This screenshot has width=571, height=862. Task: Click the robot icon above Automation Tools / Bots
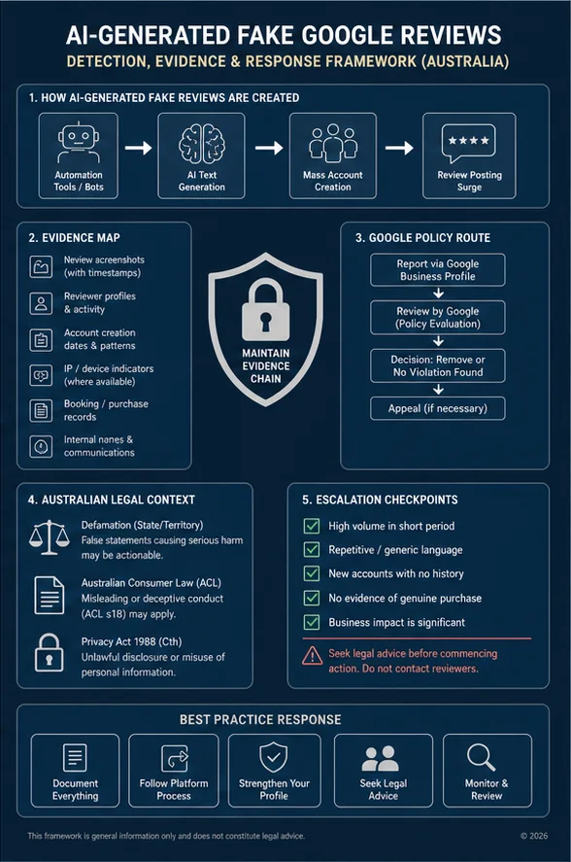coord(78,143)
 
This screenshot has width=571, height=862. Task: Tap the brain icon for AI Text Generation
coord(202,144)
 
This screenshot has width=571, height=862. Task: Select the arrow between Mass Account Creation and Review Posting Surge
coord(399,148)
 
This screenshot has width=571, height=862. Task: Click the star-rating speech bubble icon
coord(469,143)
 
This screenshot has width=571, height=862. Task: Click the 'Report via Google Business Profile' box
coord(437,270)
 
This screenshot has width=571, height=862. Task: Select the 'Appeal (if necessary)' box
coord(437,408)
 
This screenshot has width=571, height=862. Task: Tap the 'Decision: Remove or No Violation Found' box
coord(437,365)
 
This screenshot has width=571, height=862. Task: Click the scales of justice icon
coord(49,537)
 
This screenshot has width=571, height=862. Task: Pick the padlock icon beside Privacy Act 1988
coord(49,652)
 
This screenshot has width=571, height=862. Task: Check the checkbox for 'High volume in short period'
coord(312,526)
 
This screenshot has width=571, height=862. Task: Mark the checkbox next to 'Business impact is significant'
coord(312,622)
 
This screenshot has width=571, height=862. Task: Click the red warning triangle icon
coord(312,655)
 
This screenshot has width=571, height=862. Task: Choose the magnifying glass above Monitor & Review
coord(482,758)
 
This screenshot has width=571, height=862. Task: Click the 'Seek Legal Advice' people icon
coord(381,759)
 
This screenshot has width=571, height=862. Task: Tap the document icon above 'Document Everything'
coord(75,758)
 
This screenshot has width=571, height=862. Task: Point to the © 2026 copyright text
coord(534,836)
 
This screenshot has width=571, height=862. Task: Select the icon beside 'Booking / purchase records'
coord(41,411)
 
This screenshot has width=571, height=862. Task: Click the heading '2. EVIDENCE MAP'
coord(74,238)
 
